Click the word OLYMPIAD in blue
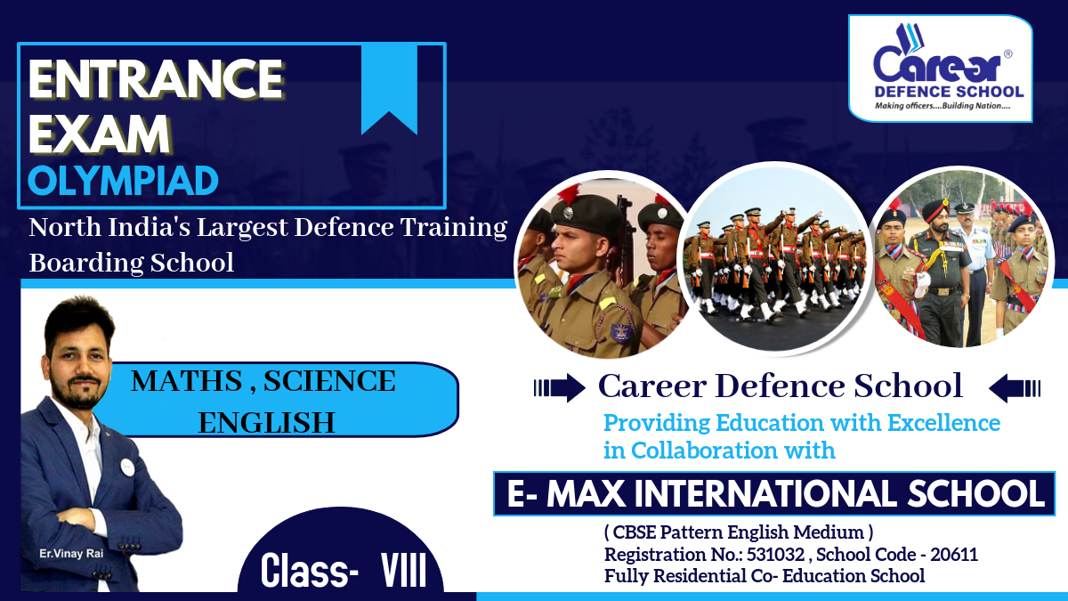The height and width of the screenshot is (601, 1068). (x=123, y=182)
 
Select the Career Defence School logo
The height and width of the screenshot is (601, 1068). (x=940, y=69)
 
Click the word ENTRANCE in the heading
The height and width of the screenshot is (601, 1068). (x=156, y=78)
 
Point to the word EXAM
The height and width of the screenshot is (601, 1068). (x=99, y=134)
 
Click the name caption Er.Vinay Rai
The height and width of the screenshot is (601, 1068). (x=71, y=554)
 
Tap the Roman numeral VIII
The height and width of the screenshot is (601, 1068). (x=403, y=571)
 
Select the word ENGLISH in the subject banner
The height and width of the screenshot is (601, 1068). (x=266, y=423)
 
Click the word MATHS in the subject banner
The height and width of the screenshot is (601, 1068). (x=186, y=381)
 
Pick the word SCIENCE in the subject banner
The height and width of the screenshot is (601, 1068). (x=329, y=381)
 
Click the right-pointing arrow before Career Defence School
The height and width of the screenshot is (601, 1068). (x=560, y=387)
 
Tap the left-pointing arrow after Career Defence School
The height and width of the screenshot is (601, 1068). (x=1015, y=388)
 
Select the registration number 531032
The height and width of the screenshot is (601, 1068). (x=776, y=554)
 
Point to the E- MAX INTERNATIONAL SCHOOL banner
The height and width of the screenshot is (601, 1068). (x=774, y=493)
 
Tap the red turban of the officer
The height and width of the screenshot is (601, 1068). (x=935, y=210)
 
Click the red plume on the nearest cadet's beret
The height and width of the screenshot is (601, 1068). (x=569, y=193)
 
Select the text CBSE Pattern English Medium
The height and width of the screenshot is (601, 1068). (x=739, y=532)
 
